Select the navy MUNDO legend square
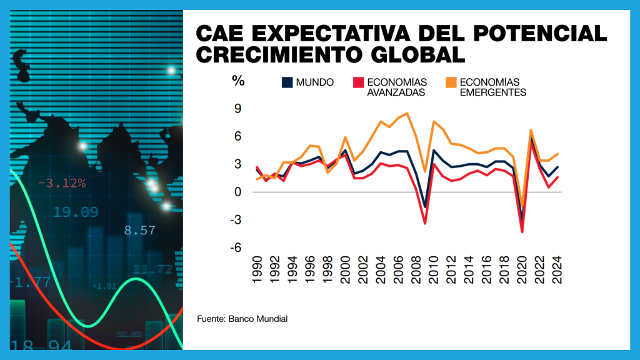click(x=288, y=82)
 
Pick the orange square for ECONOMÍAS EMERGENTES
click(x=451, y=82)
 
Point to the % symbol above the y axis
click(x=237, y=80)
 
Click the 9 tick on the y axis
click(x=237, y=109)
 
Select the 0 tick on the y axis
click(x=238, y=192)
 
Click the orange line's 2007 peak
click(x=407, y=113)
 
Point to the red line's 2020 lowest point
click(x=522, y=232)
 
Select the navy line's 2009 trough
click(x=425, y=207)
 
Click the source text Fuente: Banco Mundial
click(x=242, y=319)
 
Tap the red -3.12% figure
click(x=61, y=183)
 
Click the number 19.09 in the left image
click(x=75, y=212)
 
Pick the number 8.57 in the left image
click(x=139, y=230)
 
